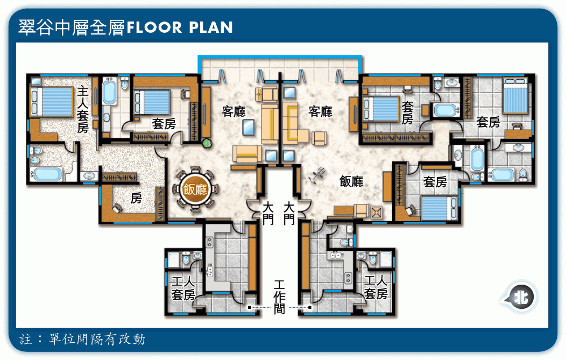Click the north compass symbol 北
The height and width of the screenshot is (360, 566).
click(521, 298)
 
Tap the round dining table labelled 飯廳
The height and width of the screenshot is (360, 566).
click(195, 189)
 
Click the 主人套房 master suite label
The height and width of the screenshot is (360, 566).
click(83, 109)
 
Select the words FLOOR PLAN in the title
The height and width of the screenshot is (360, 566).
click(180, 27)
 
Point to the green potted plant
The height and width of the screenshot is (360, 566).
click(207, 143)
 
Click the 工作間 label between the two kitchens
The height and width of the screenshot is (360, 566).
click(279, 297)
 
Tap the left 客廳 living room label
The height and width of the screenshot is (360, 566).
click(234, 111)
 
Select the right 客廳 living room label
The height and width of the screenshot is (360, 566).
click(321, 111)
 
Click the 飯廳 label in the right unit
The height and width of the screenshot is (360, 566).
click(351, 181)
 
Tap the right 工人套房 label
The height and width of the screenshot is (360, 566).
click(376, 287)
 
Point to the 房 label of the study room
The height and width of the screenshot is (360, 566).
click(136, 198)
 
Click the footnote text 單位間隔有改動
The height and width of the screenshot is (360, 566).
click(97, 340)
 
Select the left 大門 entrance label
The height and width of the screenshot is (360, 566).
click(268, 213)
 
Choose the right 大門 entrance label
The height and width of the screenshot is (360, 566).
click(289, 213)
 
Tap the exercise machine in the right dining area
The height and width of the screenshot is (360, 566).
click(317, 176)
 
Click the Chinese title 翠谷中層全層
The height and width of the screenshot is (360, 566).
click(72, 27)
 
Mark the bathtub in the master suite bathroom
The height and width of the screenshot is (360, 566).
click(46, 174)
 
